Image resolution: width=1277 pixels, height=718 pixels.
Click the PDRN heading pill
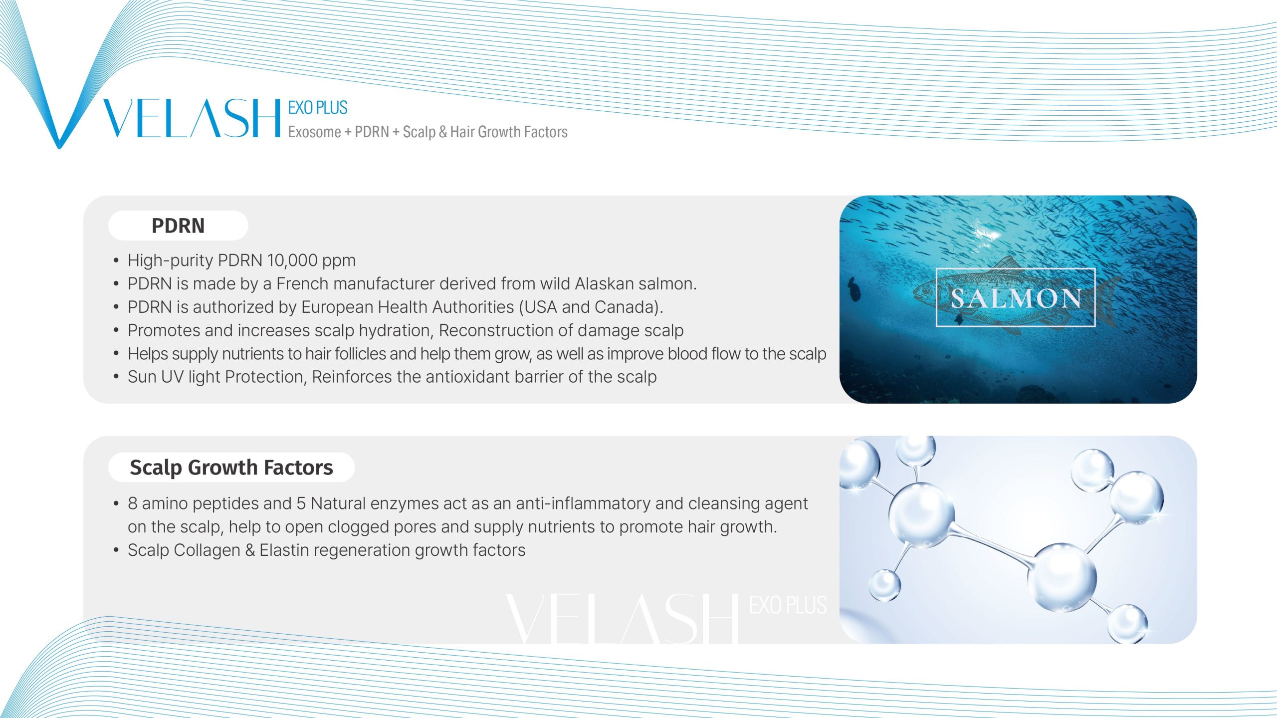(178, 226)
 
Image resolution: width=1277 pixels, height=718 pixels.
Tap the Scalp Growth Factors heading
(231, 468)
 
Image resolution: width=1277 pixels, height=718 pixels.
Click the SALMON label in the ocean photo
(1016, 298)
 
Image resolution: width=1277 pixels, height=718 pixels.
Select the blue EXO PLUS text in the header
(318, 108)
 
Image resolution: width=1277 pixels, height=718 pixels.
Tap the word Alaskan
(604, 284)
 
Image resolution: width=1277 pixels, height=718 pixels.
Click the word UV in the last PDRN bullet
(173, 377)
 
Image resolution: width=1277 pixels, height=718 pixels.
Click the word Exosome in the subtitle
(314, 132)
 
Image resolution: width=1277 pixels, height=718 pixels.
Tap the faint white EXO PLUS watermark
(788, 605)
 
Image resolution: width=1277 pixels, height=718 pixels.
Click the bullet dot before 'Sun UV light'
(116, 377)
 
